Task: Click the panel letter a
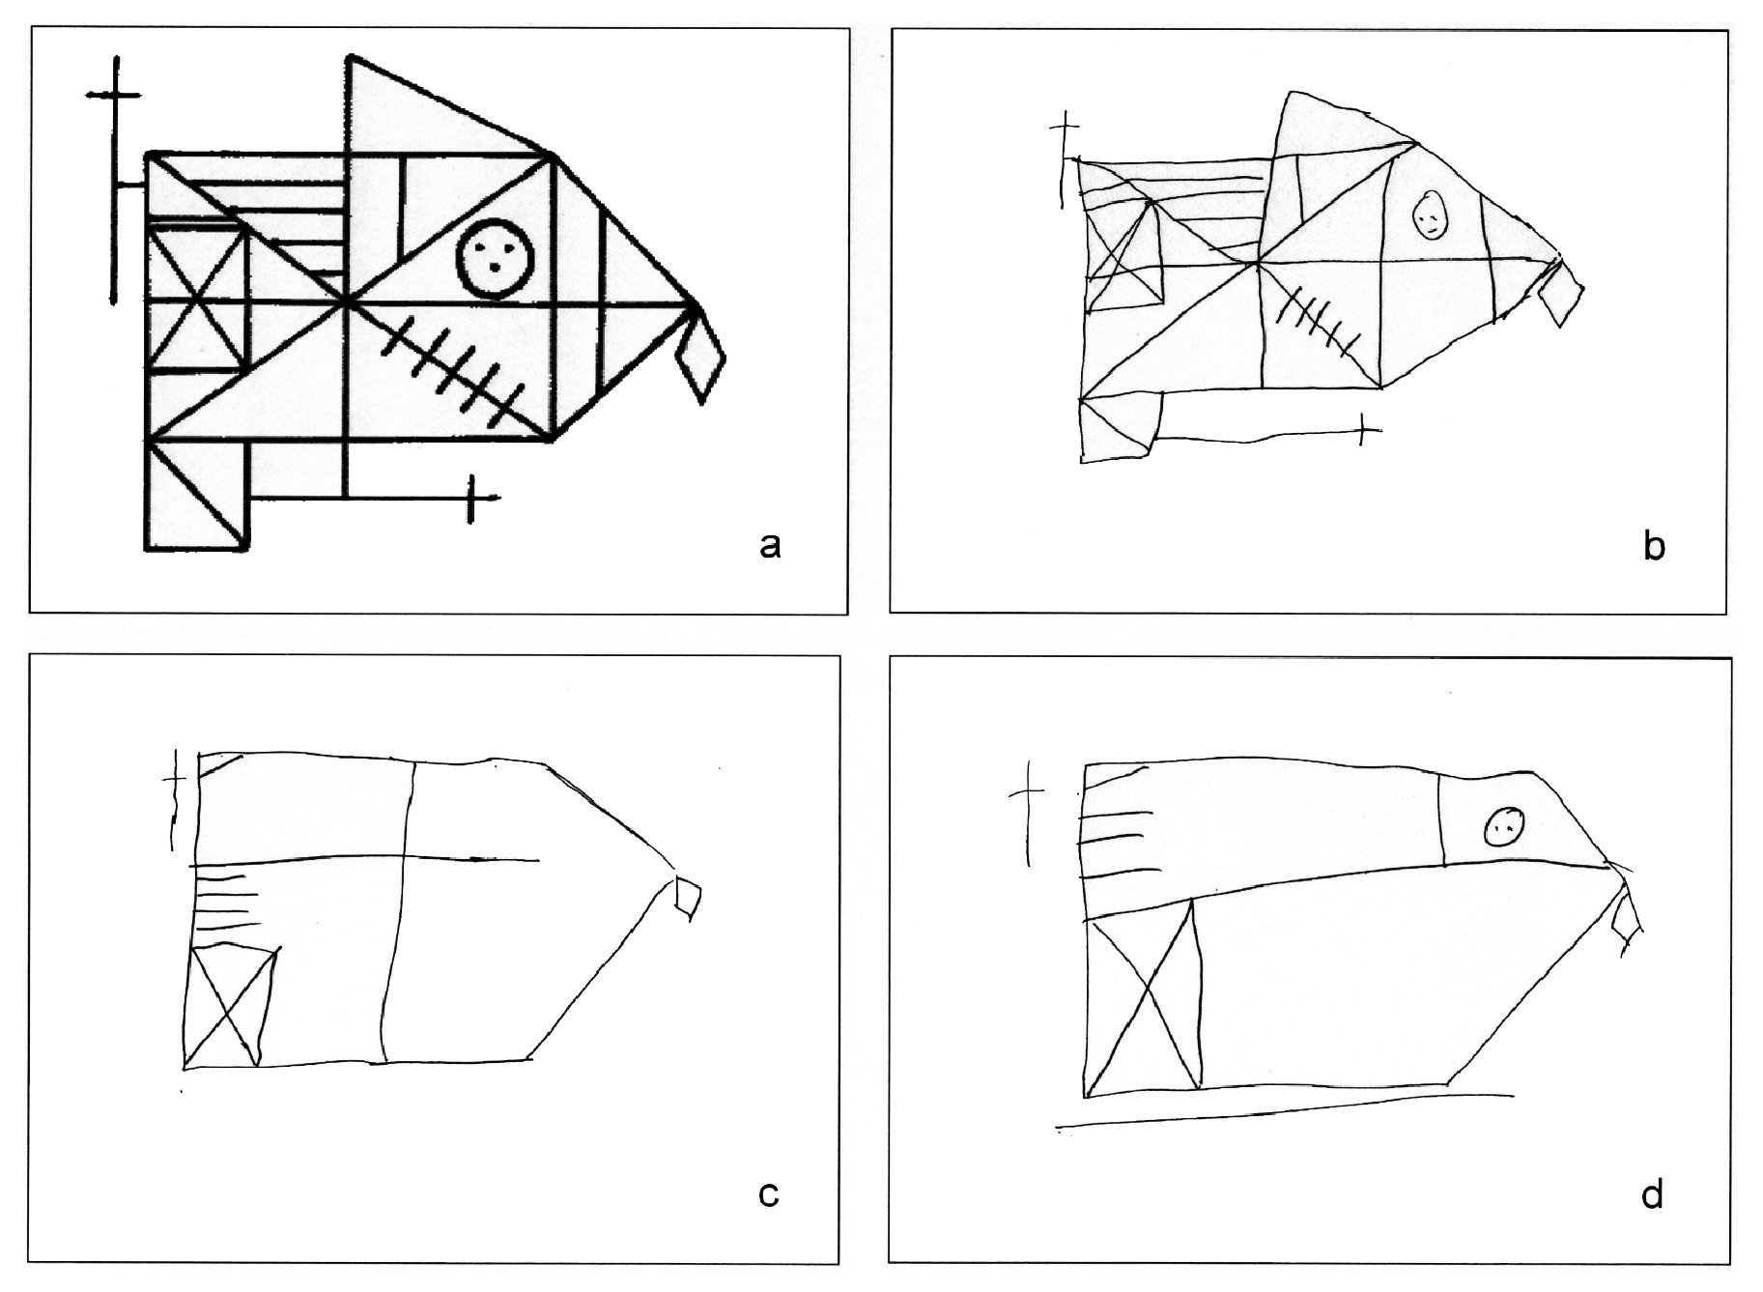pos(769,547)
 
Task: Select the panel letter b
pos(1654,547)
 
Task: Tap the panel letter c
pos(769,1195)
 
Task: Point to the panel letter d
pos(1653,1194)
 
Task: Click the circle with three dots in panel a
pos(494,258)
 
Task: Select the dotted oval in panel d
pos(1504,826)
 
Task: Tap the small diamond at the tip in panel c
pos(688,897)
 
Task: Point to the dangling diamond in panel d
pos(1627,919)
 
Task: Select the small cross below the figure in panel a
pos(471,499)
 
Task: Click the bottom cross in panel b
pos(1362,429)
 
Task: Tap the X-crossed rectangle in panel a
pos(198,296)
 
